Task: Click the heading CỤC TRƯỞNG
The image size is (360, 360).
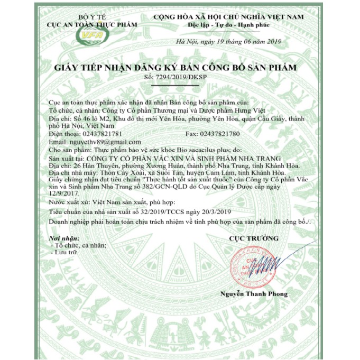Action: tap(254, 238)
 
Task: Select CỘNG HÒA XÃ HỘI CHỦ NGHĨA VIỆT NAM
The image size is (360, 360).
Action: tap(228, 17)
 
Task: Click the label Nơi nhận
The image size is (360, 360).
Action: tap(60, 238)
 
